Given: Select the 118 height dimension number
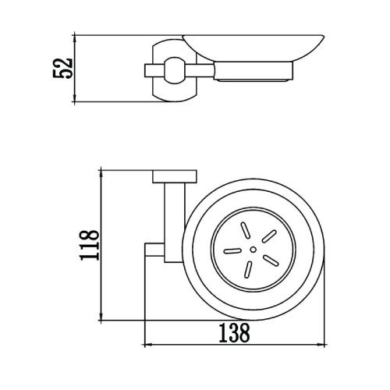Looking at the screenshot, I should [90, 244].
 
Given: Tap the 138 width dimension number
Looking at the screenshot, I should [233, 335].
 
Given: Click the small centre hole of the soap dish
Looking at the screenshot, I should [252, 250].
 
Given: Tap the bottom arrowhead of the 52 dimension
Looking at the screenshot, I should [76, 99].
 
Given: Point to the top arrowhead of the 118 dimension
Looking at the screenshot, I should [101, 172].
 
